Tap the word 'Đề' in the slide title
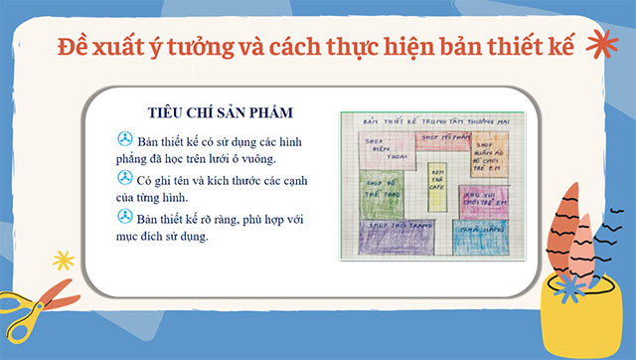tap(75, 46)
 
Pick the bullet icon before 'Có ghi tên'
tap(125, 177)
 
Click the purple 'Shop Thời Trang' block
tap(400, 235)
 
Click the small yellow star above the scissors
tap(64, 261)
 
